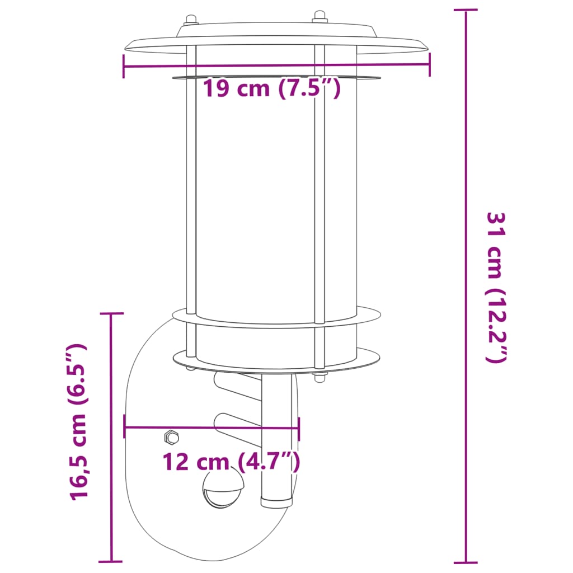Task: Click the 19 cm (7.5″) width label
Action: (x=271, y=88)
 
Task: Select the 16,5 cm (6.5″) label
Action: (x=78, y=422)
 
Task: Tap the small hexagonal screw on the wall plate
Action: (x=170, y=436)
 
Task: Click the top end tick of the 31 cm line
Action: (x=466, y=10)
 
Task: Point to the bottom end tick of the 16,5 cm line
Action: (x=111, y=561)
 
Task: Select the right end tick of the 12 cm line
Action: (x=299, y=429)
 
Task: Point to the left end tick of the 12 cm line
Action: (x=125, y=429)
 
